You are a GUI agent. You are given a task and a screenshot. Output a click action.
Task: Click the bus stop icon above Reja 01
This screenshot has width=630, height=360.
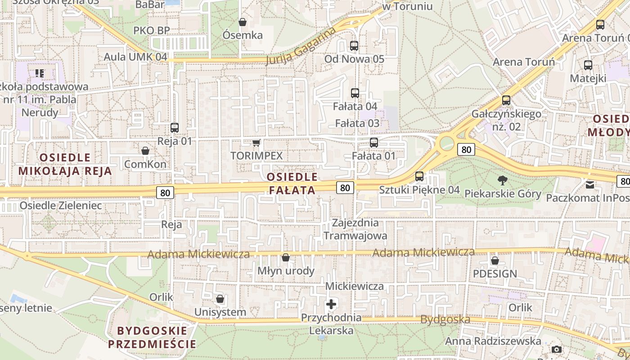coord(175,128)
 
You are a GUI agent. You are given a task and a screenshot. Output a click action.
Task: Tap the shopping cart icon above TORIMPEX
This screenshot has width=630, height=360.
coord(256,143)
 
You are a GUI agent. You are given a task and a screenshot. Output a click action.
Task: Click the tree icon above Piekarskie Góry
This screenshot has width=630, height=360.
coord(502,181)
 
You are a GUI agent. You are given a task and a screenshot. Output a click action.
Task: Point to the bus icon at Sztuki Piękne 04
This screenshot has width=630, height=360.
coord(419,176)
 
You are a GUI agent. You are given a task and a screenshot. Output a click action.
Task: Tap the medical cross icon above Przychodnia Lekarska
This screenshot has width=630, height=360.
coord(331,304)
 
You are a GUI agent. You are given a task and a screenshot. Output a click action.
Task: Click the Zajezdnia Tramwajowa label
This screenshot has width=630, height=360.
coord(355,229)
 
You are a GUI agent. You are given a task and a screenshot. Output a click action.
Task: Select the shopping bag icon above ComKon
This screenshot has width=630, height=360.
coord(145,151)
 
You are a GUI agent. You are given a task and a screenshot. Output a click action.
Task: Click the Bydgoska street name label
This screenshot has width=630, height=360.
coord(445,320)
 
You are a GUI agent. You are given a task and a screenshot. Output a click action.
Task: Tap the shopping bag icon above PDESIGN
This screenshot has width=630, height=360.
coord(495,261)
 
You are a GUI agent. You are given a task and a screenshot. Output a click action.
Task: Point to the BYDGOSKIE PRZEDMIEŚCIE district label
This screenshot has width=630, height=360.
coord(152,337)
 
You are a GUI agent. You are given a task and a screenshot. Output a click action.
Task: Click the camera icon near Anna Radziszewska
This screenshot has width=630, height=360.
coord(557,349)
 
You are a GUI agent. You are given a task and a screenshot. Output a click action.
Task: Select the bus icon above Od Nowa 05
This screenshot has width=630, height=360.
coord(354,46)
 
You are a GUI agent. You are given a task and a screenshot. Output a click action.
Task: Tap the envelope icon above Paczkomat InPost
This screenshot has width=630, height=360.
coord(590,184)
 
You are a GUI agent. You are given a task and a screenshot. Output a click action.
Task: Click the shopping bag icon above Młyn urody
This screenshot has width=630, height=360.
coord(285,258)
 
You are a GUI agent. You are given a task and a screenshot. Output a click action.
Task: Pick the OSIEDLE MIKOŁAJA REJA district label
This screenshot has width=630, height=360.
coord(65,164)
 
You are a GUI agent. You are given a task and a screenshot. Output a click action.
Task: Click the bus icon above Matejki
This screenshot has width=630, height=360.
coord(588,65)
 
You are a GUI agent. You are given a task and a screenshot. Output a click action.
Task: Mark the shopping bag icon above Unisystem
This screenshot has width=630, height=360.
coord(220,299)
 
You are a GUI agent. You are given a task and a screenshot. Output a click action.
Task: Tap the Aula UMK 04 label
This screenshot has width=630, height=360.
coord(135,57)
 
